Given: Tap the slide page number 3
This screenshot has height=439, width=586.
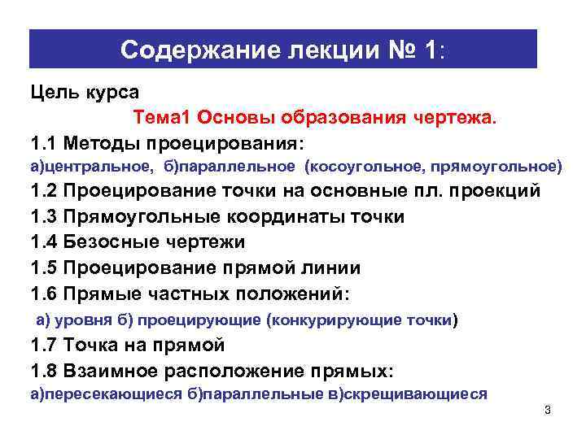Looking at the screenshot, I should tap(548, 409).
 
